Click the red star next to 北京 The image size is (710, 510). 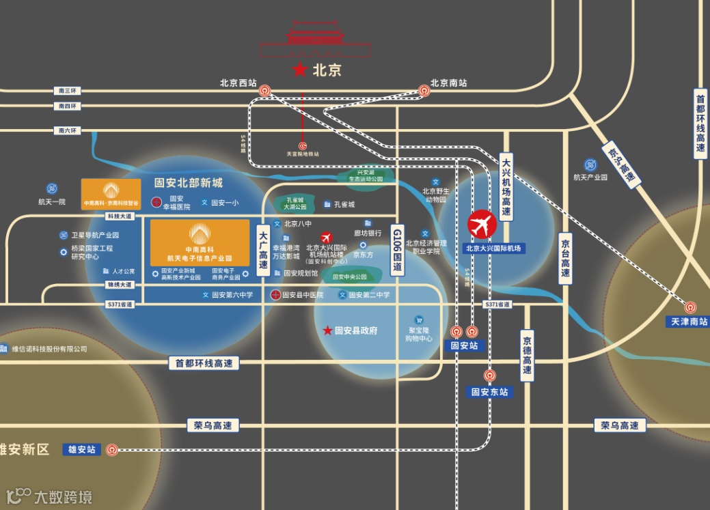click(299, 70)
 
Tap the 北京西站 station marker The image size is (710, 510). click(265, 90)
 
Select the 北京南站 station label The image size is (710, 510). click(448, 83)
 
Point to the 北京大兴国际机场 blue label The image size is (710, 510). click(493, 249)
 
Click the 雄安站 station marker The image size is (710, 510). click(112, 450)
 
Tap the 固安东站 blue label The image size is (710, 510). click(490, 392)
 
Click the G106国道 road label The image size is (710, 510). click(397, 251)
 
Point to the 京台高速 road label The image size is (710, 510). click(565, 259)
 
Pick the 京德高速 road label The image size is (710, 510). click(527, 356)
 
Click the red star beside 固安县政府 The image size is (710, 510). click(327, 330)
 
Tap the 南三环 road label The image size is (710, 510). click(68, 91)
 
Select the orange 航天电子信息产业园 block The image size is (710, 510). click(200, 242)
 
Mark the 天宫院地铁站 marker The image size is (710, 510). click(302, 145)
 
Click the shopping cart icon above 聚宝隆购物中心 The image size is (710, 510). click(419, 320)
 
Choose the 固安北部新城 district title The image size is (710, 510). click(189, 183)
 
